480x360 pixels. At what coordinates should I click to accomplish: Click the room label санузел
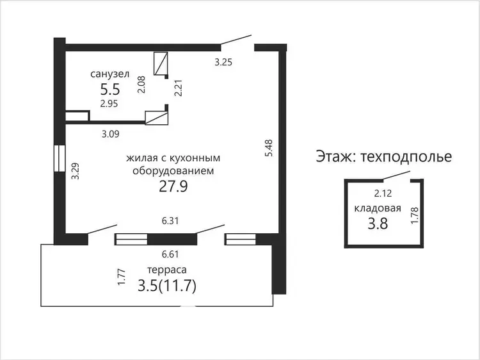(x=110, y=74)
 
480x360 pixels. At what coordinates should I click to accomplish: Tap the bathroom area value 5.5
(x=110, y=90)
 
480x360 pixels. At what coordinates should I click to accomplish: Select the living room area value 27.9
(x=173, y=186)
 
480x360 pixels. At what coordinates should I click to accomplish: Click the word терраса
(x=167, y=270)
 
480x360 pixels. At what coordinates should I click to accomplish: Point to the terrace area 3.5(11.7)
(x=167, y=286)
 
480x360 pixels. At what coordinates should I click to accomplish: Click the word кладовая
(x=378, y=208)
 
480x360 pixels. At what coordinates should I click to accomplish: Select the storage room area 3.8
(x=378, y=224)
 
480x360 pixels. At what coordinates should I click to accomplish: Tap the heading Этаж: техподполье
(x=384, y=156)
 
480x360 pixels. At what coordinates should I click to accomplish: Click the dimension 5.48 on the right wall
(x=268, y=148)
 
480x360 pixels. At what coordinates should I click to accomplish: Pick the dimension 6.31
(x=170, y=220)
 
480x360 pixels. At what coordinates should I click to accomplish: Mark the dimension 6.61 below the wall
(x=170, y=254)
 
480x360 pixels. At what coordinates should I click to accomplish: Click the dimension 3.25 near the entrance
(x=223, y=62)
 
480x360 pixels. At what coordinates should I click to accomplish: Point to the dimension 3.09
(x=111, y=134)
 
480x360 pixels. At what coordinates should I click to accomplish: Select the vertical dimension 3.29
(x=75, y=171)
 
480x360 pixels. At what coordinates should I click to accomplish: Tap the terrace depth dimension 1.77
(x=122, y=277)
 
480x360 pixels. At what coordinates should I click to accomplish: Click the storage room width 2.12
(x=383, y=193)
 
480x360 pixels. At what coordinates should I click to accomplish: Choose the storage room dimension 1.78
(x=415, y=215)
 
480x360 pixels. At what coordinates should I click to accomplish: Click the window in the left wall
(x=60, y=158)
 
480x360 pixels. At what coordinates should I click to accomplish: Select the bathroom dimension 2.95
(x=109, y=104)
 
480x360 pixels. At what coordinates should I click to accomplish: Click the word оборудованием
(x=173, y=171)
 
